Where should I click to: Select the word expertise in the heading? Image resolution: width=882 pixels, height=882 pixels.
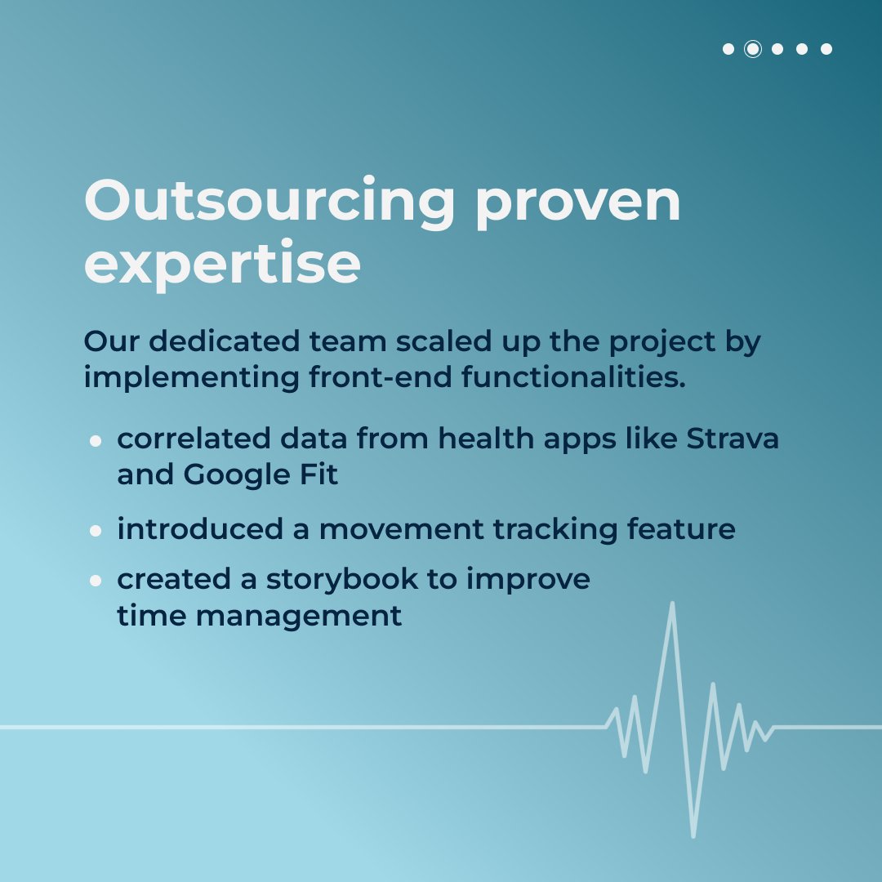tap(222, 263)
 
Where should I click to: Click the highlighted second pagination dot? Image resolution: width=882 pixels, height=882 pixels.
tap(753, 49)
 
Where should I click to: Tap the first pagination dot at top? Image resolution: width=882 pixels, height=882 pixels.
tap(728, 49)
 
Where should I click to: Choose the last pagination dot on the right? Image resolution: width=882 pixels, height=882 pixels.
tap(826, 49)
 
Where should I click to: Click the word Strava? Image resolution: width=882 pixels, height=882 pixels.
tap(733, 439)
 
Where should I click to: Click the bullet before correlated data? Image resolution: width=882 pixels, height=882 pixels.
tap(96, 440)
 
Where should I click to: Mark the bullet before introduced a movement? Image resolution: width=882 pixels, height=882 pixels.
tap(96, 530)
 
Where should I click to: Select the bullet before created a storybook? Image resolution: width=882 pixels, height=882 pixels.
tap(96, 580)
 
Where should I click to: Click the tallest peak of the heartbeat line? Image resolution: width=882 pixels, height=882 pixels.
tap(672, 605)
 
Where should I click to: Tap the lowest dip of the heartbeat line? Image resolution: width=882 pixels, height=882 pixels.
tap(693, 835)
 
